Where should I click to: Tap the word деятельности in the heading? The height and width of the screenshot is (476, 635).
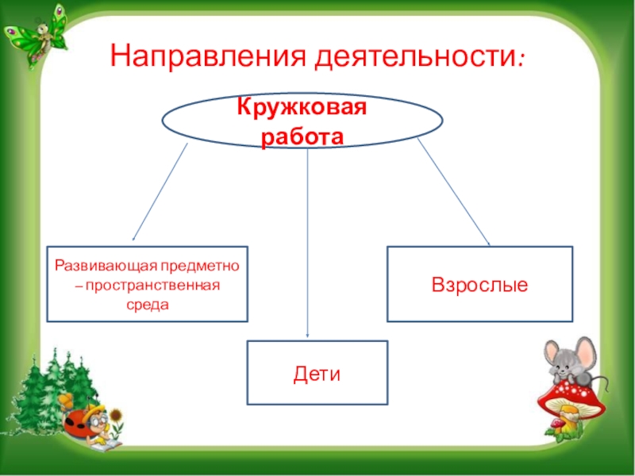tap(417, 57)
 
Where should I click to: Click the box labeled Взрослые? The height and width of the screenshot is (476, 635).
tap(479, 283)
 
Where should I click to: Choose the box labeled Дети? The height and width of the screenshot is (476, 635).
tap(317, 373)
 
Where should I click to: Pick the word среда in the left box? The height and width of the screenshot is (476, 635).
tap(148, 304)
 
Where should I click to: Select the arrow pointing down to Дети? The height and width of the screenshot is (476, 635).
tap(308, 246)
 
